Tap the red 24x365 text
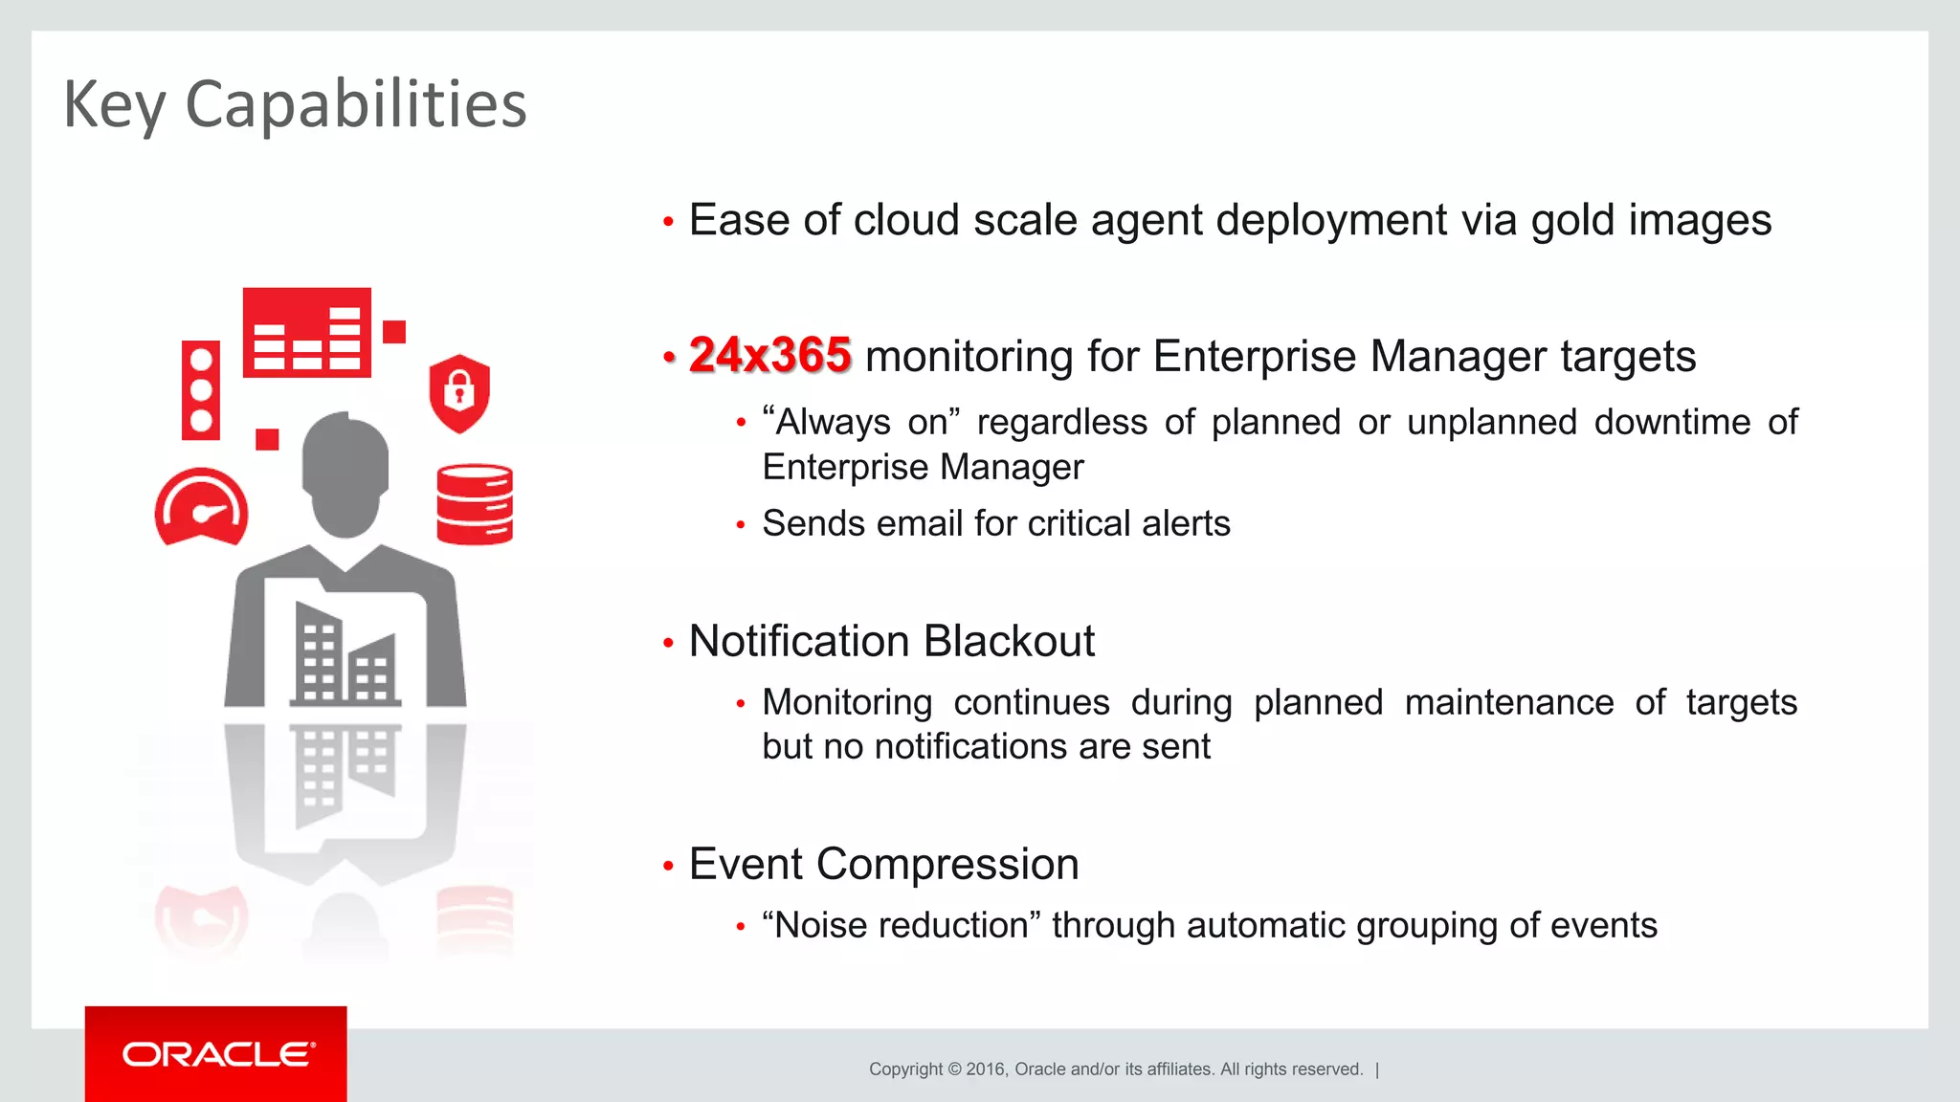(x=769, y=355)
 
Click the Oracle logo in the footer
(x=217, y=1054)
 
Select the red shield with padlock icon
(x=459, y=392)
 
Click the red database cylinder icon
(x=475, y=504)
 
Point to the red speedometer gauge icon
(x=201, y=508)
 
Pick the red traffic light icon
(x=201, y=390)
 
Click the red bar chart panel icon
(x=306, y=333)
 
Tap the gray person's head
(x=345, y=473)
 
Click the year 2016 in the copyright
(x=986, y=1069)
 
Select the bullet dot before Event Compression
(x=668, y=867)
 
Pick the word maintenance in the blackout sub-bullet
(x=1509, y=702)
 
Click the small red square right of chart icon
(x=394, y=332)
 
